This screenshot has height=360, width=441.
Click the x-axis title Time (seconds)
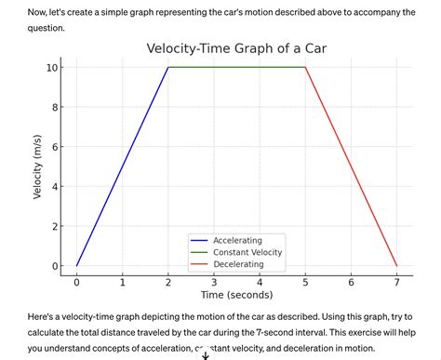pos(236,295)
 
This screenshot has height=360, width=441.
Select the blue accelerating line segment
pos(122,167)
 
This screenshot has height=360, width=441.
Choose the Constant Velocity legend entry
pos(247,252)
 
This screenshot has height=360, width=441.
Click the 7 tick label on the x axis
pos(396,282)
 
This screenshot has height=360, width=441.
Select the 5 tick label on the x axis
pos(305,282)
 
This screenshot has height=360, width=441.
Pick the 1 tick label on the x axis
pos(122,282)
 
